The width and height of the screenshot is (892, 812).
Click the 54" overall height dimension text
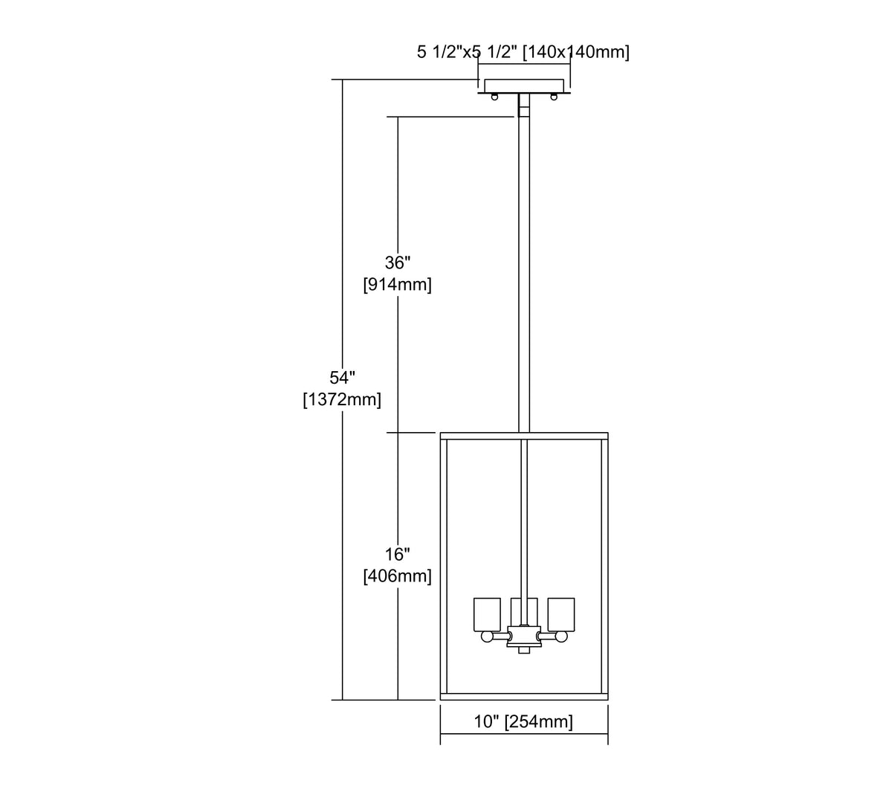pyautogui.click(x=342, y=378)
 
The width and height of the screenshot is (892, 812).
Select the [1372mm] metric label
pyautogui.click(x=342, y=399)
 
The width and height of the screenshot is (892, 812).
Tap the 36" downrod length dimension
pyautogui.click(x=398, y=263)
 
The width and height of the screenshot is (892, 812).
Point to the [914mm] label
pyautogui.click(x=398, y=284)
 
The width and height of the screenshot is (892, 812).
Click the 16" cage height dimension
pyautogui.click(x=398, y=555)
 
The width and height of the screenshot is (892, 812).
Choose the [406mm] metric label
pyautogui.click(x=398, y=576)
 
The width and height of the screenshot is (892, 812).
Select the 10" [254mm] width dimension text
pyautogui.click(x=523, y=721)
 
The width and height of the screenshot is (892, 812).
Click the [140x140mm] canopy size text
pyautogui.click(x=576, y=52)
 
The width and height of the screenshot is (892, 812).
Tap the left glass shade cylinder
pyautogui.click(x=488, y=614)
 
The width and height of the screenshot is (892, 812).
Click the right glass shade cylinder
pyautogui.click(x=560, y=614)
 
